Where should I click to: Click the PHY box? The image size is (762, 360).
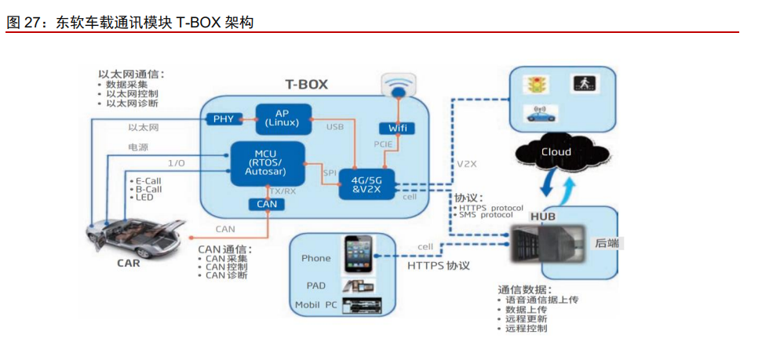(224, 119)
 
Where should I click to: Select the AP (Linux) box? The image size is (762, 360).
(281, 118)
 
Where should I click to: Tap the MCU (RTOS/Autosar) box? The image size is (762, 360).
(268, 163)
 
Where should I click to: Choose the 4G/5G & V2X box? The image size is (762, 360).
(366, 183)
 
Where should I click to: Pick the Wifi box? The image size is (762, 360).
(396, 128)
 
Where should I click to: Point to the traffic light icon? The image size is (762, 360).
(537, 82)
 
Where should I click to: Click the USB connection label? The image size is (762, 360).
(335, 126)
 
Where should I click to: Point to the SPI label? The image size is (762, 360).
(330, 173)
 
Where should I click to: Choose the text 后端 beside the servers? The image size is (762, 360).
(607, 243)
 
